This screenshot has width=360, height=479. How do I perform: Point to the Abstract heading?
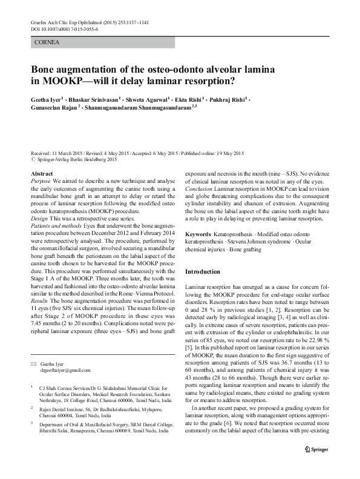coord(41,174)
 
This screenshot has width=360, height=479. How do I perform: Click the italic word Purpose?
coord(41,180)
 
